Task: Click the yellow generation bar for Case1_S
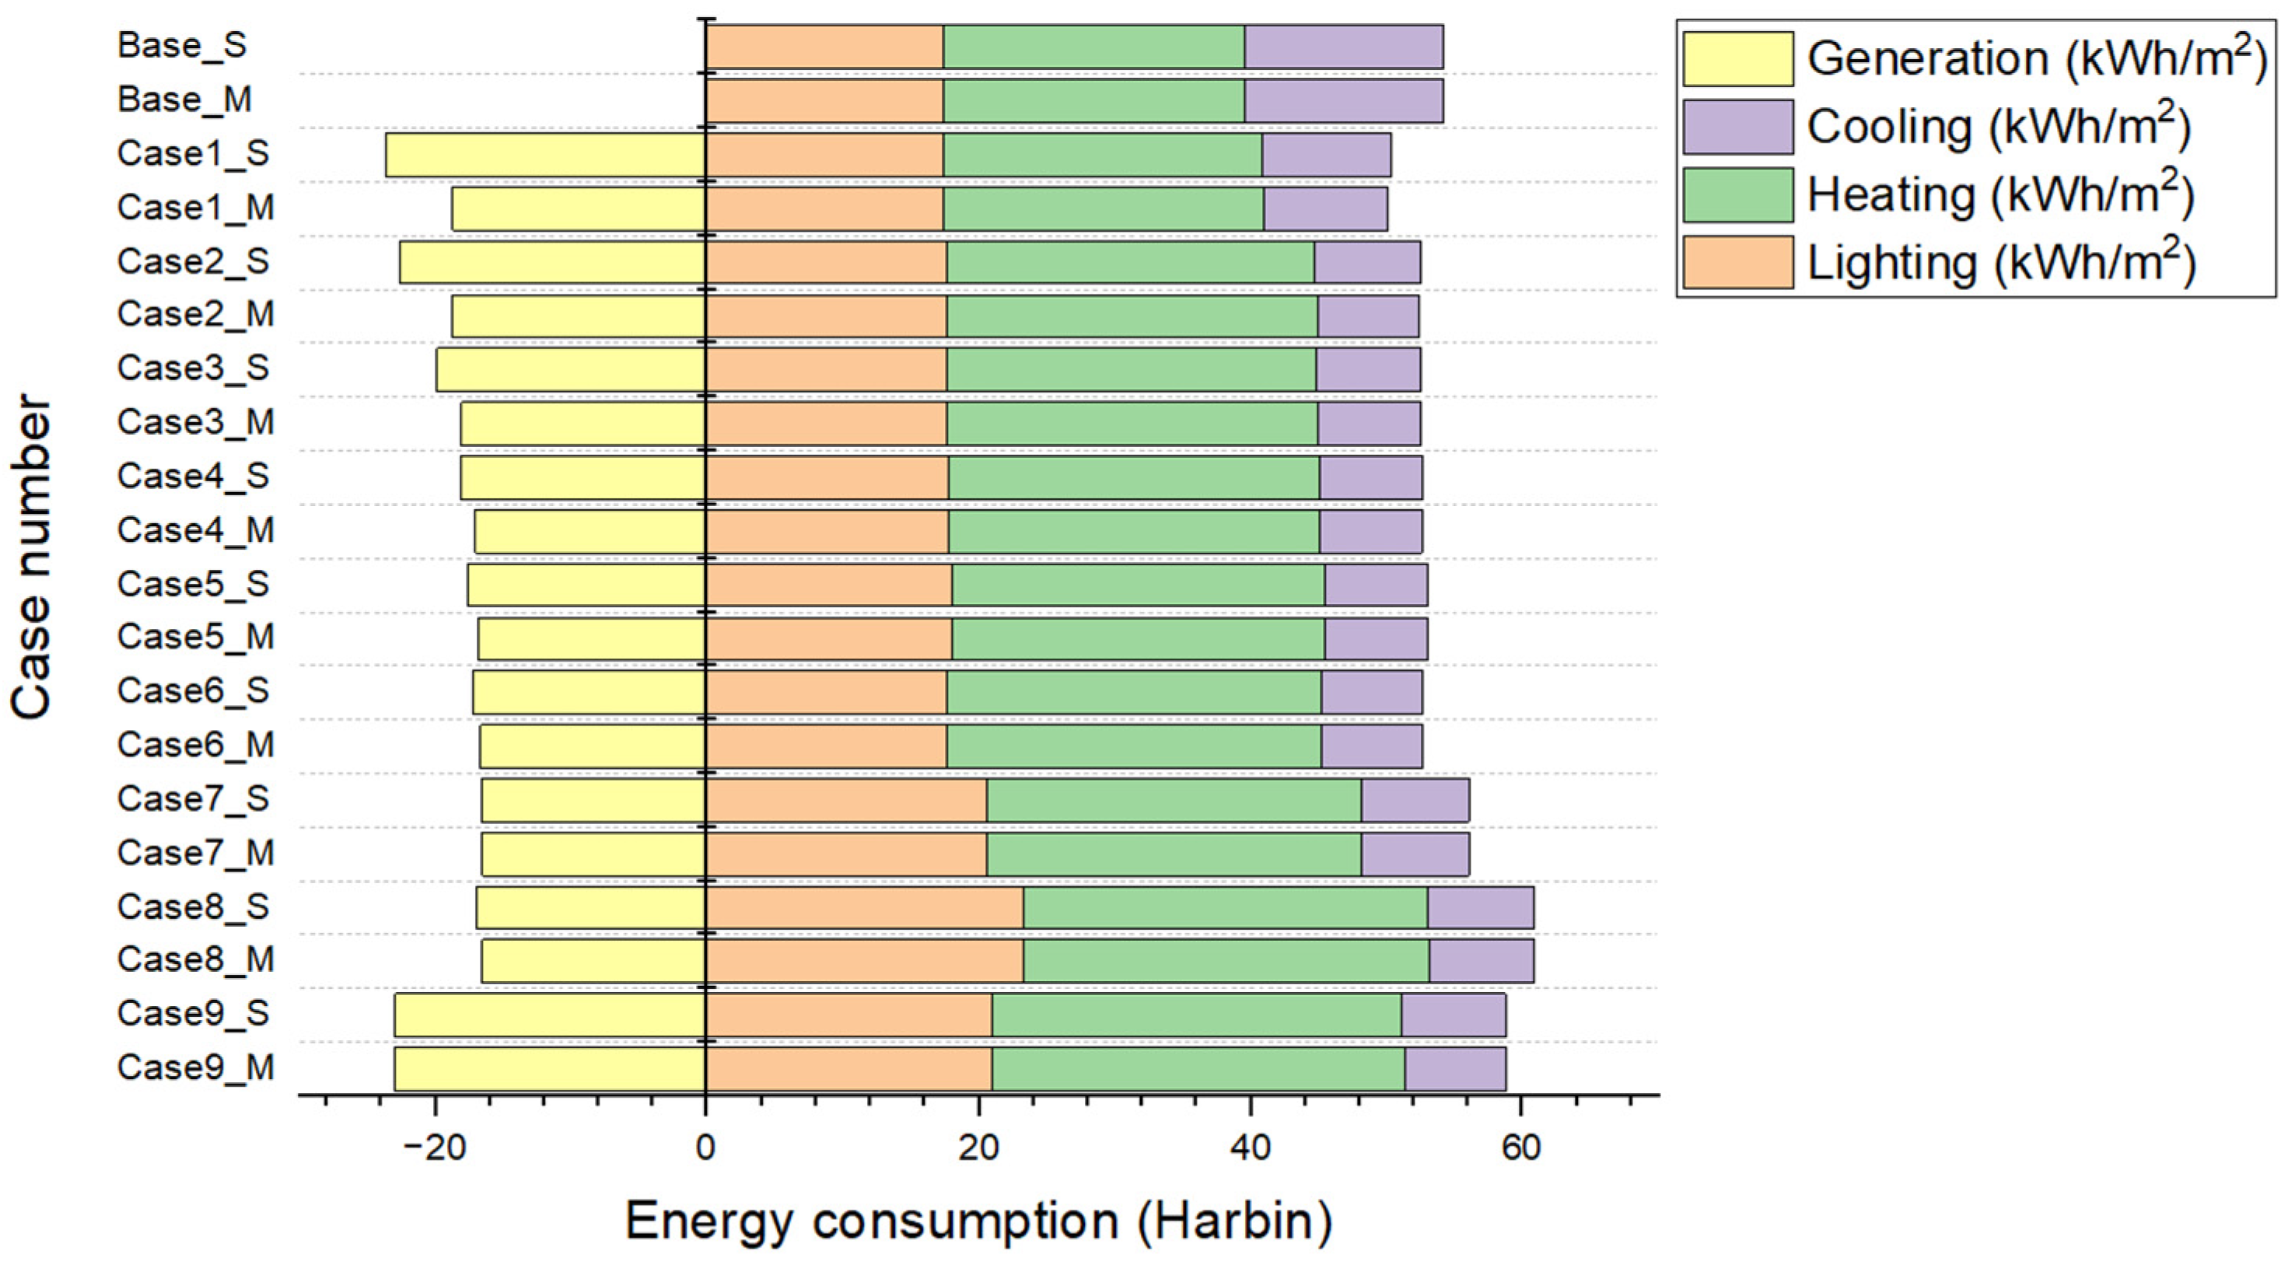tap(545, 155)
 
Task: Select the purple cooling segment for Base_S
tap(1343, 46)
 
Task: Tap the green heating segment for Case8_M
tap(1226, 960)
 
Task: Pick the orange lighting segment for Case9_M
tap(848, 1068)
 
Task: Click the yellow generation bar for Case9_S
tap(550, 1014)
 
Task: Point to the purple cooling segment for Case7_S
tap(1415, 799)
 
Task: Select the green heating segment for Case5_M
tap(1138, 637)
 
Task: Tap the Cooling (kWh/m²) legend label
tap(1999, 126)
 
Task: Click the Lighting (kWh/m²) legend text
tap(2000, 263)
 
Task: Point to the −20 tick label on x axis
tap(434, 1147)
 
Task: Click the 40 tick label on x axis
tap(1250, 1147)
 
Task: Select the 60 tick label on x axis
tap(1520, 1147)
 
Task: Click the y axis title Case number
tap(32, 557)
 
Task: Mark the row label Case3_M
tap(195, 422)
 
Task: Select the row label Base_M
tap(185, 100)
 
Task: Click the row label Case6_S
tap(193, 691)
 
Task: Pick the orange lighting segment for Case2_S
tap(826, 262)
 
